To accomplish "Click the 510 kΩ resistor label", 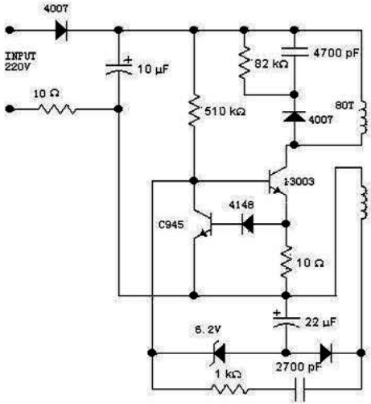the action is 225,111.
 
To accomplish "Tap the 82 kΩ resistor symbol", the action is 245,63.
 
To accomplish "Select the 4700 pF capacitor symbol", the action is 295,52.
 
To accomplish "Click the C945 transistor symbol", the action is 203,224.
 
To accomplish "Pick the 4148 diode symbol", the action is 247,224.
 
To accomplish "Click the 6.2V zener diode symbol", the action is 219,352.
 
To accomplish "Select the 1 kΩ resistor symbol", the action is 230,389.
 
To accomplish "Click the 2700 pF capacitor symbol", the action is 299,390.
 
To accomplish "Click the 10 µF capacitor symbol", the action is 119,68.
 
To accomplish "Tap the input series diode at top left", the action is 61,30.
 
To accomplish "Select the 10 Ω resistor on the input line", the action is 57,109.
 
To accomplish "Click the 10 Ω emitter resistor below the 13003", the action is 286,262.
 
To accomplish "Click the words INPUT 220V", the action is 20,61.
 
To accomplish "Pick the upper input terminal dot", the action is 10,30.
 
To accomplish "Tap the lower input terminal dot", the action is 10,109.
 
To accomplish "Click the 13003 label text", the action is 299,182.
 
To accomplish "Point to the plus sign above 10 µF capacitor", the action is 129,60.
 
